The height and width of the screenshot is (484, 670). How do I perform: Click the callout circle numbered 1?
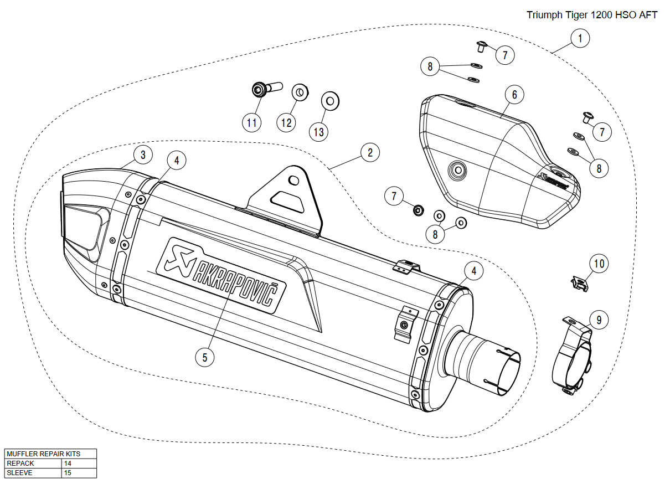click(x=580, y=38)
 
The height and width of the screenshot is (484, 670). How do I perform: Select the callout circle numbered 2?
click(x=370, y=153)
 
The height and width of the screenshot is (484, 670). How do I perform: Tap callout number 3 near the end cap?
click(x=143, y=155)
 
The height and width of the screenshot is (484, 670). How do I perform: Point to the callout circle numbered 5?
click(x=204, y=357)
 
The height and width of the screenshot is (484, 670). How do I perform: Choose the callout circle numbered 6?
click(x=514, y=95)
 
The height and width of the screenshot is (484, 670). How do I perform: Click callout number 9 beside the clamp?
click(x=599, y=320)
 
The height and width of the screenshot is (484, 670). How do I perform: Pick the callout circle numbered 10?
click(x=599, y=264)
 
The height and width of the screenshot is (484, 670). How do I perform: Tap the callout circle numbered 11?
click(x=252, y=122)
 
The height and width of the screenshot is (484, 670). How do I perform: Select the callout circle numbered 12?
click(x=286, y=122)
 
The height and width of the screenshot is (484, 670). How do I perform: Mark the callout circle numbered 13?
click(x=319, y=131)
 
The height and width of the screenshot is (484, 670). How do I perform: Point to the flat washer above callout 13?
click(x=331, y=101)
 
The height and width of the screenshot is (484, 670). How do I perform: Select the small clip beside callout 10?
click(x=579, y=284)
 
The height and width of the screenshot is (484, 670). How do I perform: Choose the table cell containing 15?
click(x=79, y=473)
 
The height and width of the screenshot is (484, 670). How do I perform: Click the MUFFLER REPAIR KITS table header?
click(x=50, y=454)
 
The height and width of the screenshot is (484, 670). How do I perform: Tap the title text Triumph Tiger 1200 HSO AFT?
click(x=591, y=15)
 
